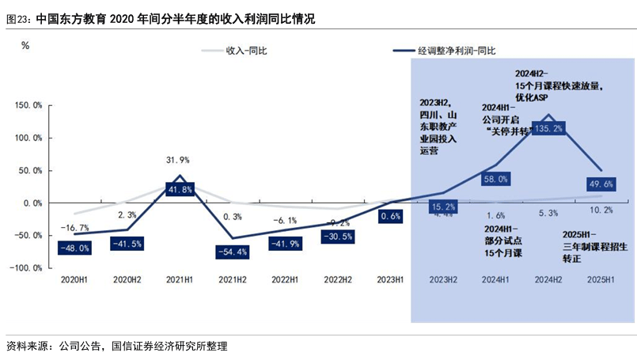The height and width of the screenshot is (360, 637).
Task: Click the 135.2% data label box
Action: (x=549, y=128)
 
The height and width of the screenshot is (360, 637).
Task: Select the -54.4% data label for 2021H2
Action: (x=232, y=252)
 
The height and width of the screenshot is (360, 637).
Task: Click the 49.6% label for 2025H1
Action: (x=601, y=184)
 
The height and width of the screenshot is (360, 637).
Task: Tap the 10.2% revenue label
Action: (x=601, y=210)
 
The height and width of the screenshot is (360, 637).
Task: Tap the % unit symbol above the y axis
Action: (x=25, y=45)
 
